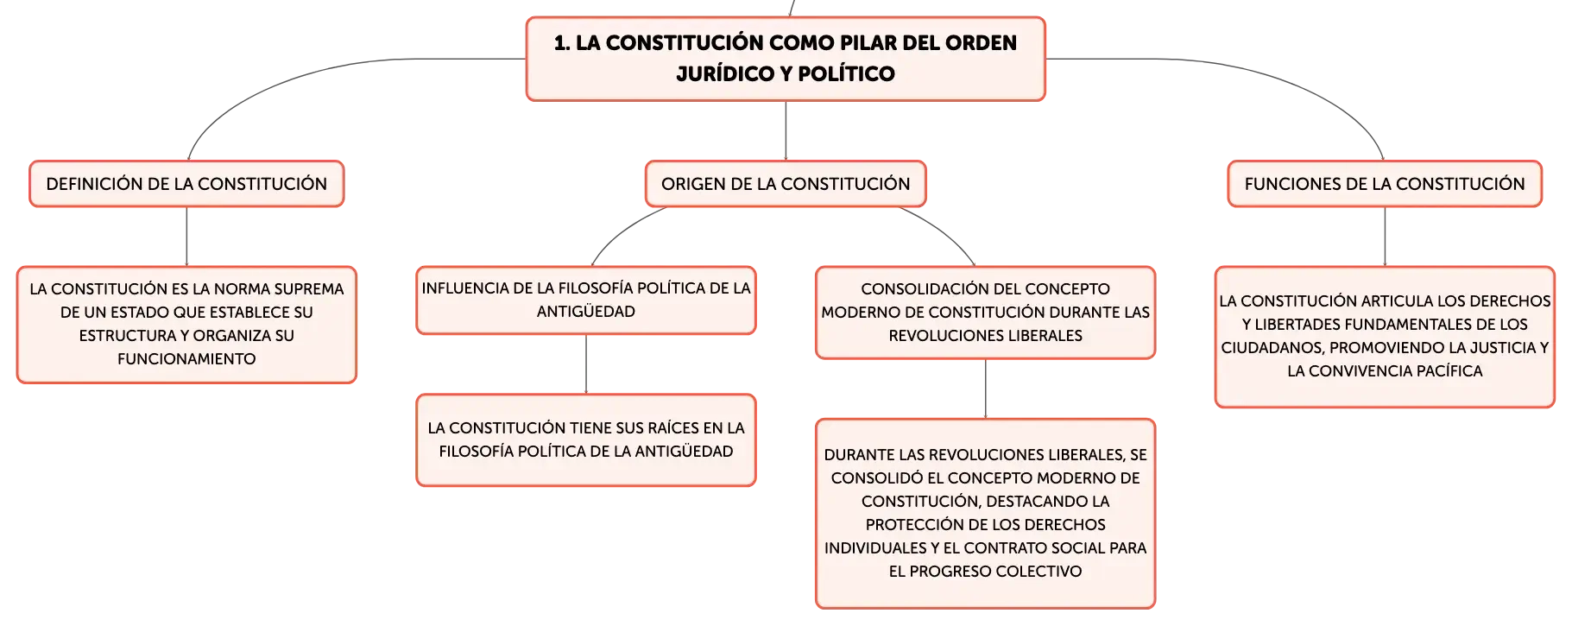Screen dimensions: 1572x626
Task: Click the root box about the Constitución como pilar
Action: coord(786,59)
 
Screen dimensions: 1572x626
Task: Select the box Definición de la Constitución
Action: coord(186,184)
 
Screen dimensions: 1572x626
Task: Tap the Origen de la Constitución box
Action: coord(786,184)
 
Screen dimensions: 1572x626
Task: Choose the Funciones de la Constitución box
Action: coord(1385,184)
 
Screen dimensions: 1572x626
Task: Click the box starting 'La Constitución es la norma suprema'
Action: coord(186,325)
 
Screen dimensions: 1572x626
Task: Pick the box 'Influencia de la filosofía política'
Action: coord(586,300)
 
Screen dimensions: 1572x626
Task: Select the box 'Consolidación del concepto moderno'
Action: coord(985,313)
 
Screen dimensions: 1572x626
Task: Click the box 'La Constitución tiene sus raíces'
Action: coord(586,440)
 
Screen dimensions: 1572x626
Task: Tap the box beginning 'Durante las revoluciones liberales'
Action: coord(985,514)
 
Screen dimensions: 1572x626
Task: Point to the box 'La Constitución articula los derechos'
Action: coord(1385,337)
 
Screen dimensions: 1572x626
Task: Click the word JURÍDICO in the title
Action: coord(725,73)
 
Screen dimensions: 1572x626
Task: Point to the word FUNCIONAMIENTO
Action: coord(186,359)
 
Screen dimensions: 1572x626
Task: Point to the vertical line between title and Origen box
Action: coord(786,130)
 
